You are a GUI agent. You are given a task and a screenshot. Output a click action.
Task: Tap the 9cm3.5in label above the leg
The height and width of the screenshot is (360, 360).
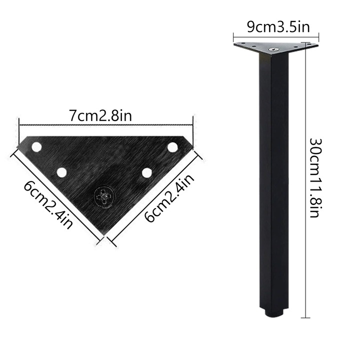click(x=275, y=26)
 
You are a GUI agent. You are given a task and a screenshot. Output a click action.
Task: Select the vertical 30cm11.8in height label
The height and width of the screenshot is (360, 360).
click(x=314, y=177)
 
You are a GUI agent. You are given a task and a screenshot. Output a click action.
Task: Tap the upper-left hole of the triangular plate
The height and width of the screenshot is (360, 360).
click(x=37, y=147)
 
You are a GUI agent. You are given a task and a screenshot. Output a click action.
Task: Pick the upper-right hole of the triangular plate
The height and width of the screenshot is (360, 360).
click(x=172, y=147)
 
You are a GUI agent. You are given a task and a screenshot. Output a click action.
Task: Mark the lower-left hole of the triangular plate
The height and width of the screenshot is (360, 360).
click(x=61, y=172)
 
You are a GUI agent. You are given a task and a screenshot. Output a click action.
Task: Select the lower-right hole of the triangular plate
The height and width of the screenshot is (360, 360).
click(x=146, y=172)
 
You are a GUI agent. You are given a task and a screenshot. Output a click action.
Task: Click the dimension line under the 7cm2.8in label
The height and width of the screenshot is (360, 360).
click(x=105, y=127)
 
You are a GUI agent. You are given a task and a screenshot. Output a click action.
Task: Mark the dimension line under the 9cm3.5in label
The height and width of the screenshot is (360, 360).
click(x=276, y=36)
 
